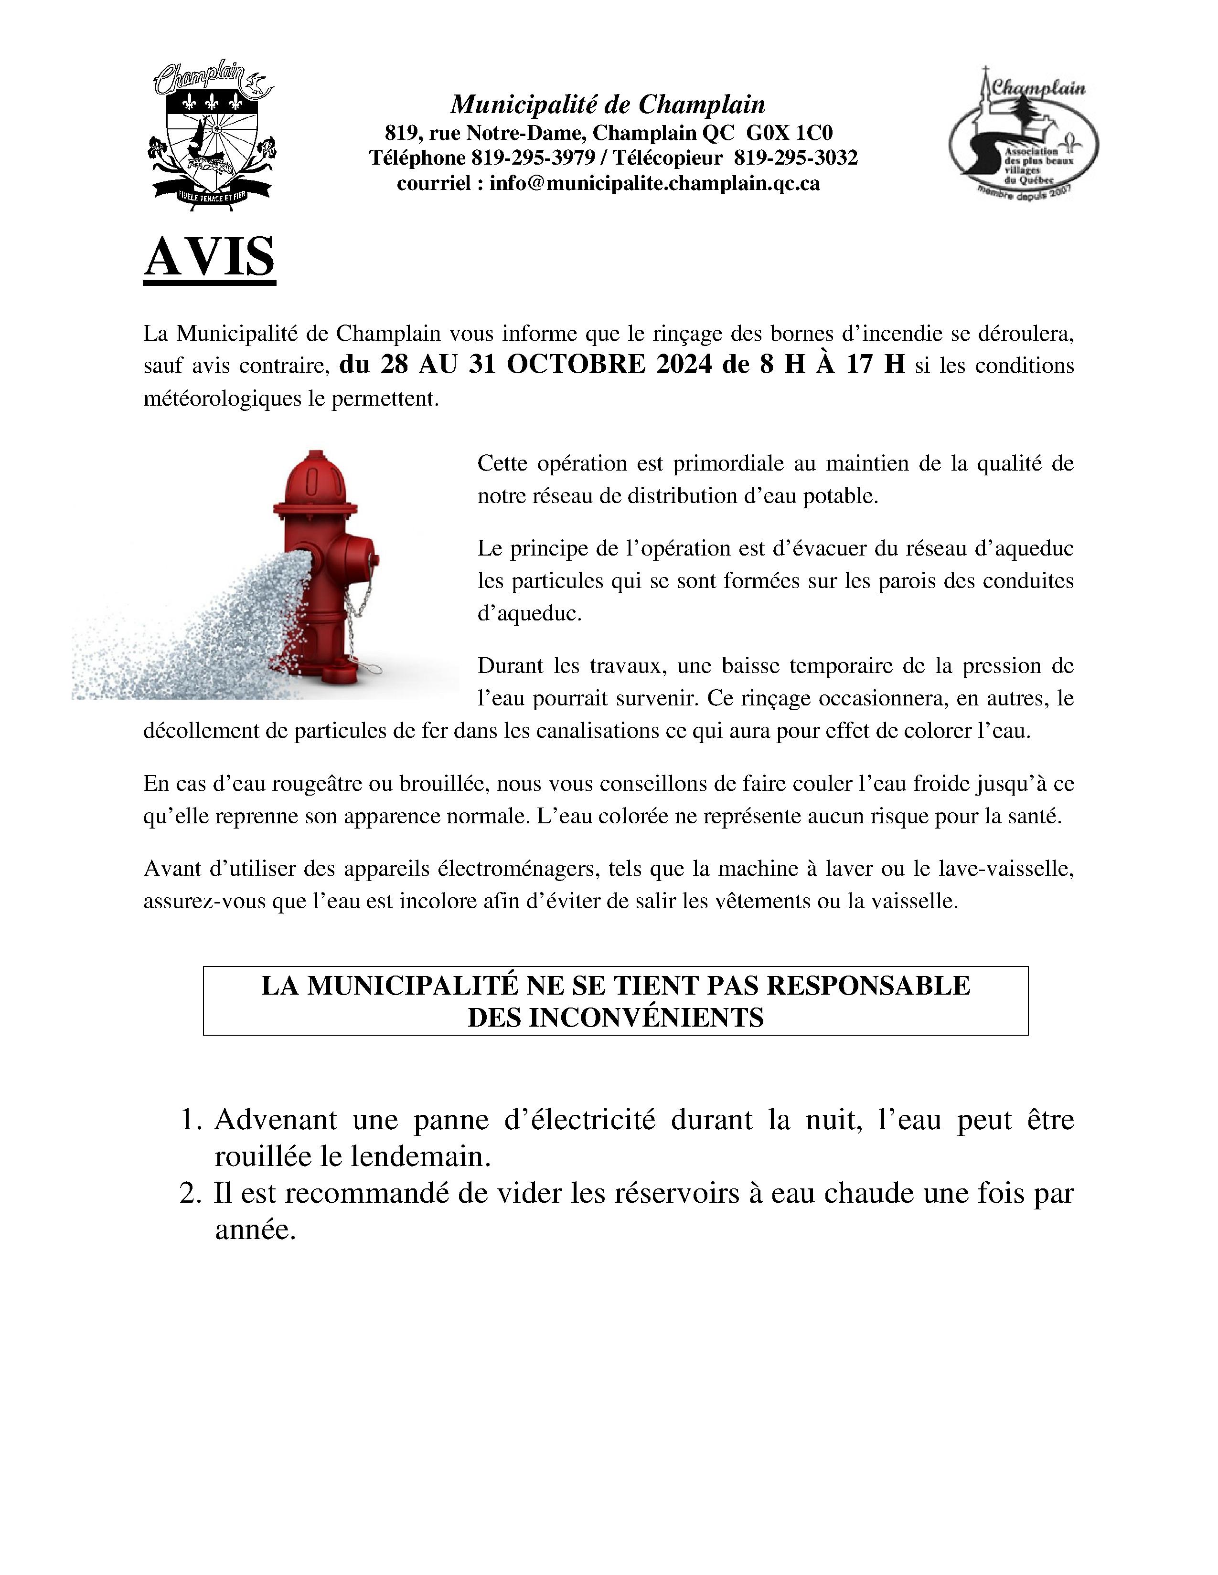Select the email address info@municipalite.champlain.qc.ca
tap(654, 184)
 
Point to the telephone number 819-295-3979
tap(533, 158)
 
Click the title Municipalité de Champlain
tap(608, 105)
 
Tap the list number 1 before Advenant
tap(189, 1120)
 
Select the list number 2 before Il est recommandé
tap(189, 1194)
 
